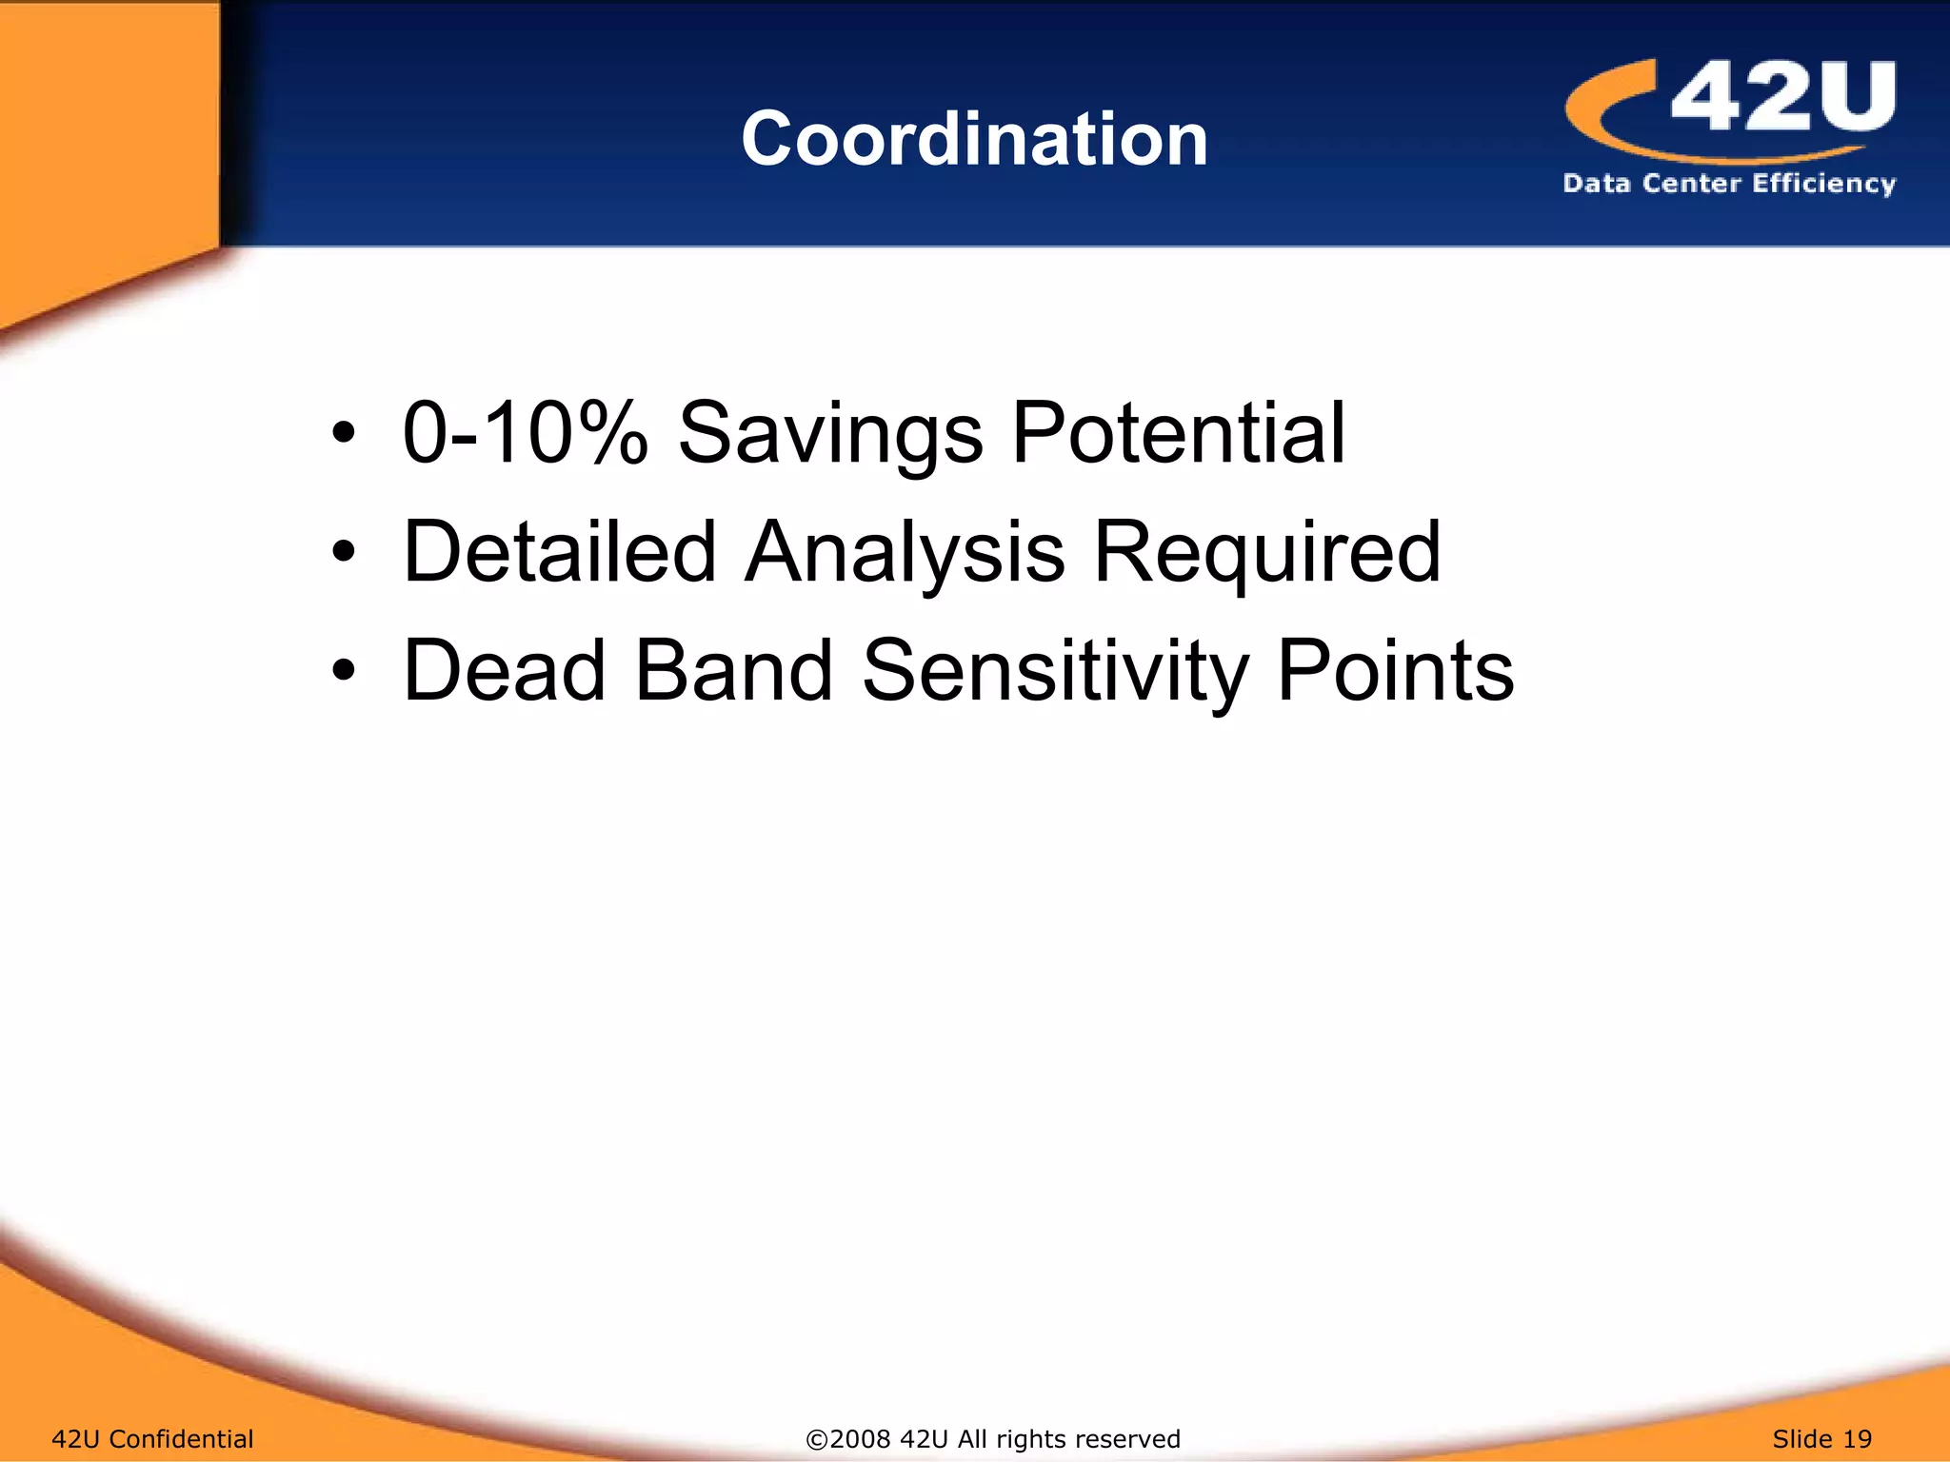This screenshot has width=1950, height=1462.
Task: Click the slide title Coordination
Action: coord(974,139)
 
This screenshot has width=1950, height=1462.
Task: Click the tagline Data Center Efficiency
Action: coord(1729,183)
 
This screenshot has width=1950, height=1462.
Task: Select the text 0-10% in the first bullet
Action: coord(525,433)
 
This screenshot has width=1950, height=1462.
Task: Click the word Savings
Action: coord(829,433)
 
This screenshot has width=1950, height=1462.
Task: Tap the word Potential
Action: coord(1178,433)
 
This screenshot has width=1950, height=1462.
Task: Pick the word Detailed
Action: coord(560,552)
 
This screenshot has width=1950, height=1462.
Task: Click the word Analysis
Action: coord(905,552)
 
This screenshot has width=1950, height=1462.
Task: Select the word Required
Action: coord(1266,552)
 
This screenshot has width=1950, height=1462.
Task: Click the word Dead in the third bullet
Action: coord(505,671)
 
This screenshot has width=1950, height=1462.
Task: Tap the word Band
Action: coord(733,671)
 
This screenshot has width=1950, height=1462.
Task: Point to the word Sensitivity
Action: coord(1054,671)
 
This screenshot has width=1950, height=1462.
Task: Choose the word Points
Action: coord(1395,671)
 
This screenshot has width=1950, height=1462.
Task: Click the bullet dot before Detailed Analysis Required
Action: coord(344,552)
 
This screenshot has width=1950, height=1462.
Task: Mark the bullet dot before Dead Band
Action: coord(344,671)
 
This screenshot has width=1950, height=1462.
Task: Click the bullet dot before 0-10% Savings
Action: coord(344,434)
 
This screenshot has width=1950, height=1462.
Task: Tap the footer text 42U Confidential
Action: coord(152,1438)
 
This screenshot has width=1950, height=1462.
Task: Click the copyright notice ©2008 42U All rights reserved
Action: coord(993,1438)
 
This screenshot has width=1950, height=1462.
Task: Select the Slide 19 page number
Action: coord(1821,1438)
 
